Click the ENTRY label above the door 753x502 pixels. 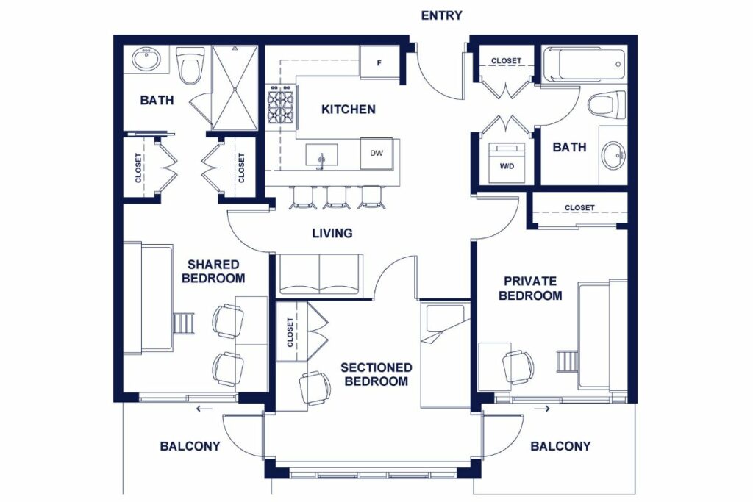441,15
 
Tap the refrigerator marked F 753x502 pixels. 379,62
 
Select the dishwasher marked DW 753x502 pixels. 376,154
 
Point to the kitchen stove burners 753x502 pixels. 282,107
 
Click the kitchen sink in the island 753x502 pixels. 322,155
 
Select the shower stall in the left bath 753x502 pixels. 235,87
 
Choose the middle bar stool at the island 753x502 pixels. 337,197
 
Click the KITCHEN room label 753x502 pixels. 348,110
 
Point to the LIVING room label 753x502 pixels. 332,234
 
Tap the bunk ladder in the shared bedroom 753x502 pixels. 184,323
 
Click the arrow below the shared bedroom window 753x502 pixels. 204,409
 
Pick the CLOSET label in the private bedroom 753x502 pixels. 579,208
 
